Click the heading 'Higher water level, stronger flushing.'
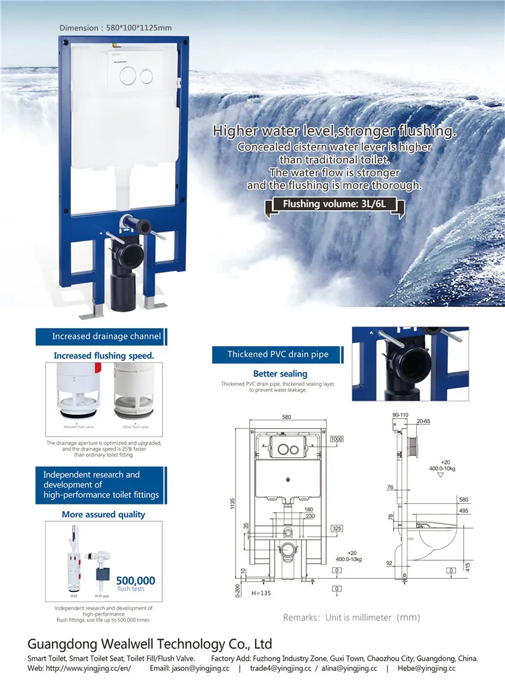point(334,131)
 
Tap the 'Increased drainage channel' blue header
point(106,336)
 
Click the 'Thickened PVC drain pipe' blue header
point(277,354)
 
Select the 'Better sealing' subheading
point(280,373)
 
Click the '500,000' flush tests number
point(135,580)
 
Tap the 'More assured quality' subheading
point(103,515)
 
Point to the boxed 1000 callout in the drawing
point(337,439)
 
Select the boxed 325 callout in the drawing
point(337,528)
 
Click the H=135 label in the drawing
point(261,593)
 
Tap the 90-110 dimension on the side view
point(399,415)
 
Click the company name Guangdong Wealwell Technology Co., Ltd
point(149,644)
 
